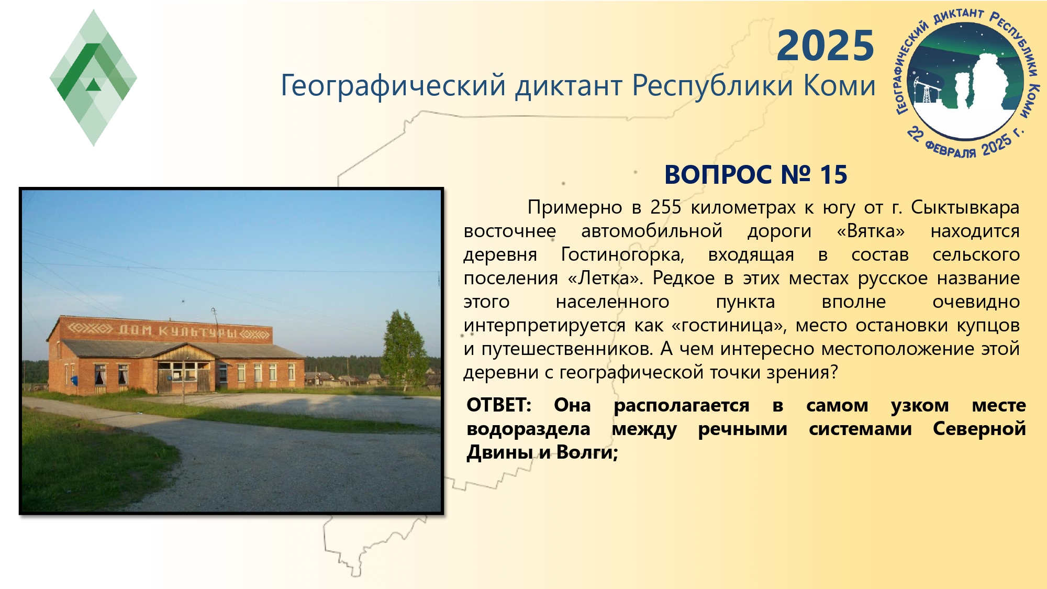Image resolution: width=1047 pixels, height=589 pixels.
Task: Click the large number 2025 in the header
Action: click(x=825, y=46)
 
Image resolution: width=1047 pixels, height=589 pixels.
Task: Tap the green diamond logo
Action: click(x=93, y=77)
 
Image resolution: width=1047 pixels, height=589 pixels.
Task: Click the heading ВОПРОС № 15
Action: click(x=755, y=175)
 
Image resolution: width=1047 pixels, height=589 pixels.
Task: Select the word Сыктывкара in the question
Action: click(x=965, y=208)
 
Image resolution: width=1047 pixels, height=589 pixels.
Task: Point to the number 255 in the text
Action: click(x=666, y=208)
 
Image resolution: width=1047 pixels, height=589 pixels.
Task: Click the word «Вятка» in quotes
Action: click(x=871, y=231)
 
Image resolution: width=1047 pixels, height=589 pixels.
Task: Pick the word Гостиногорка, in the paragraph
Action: click(x=622, y=255)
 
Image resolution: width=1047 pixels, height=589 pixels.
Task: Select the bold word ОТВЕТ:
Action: click(x=499, y=405)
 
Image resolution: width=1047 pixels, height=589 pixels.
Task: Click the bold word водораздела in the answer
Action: click(x=528, y=429)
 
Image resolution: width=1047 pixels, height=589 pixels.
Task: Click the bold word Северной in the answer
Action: click(x=979, y=429)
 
